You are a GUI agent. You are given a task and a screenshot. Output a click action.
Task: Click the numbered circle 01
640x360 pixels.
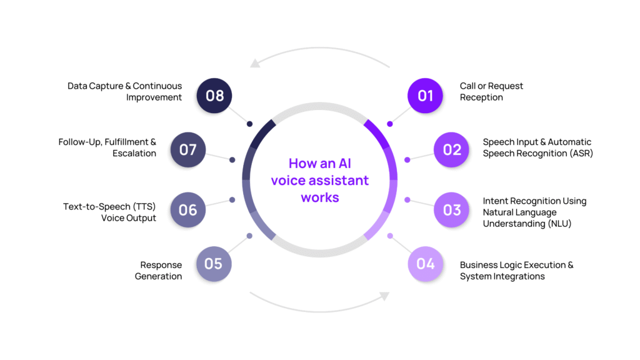pos(426,96)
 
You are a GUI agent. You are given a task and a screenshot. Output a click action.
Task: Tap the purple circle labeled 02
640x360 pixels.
pos(452,150)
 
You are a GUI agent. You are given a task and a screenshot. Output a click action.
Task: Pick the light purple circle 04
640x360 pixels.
pos(426,264)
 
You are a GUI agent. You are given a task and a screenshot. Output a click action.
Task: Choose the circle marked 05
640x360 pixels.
pos(214,264)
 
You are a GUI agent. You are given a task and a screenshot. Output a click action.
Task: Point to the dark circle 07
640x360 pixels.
pos(188,150)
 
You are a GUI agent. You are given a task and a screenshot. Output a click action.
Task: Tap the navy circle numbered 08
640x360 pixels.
pos(214,96)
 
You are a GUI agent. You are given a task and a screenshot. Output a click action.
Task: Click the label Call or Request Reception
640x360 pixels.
pos(491,92)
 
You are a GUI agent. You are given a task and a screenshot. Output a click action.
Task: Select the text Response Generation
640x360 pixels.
pos(159,271)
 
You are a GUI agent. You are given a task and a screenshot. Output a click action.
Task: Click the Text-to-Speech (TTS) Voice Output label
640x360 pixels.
pos(109,212)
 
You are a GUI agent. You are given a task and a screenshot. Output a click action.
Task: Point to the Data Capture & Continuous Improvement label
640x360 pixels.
pos(125,92)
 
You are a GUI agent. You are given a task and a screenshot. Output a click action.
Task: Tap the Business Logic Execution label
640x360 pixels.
pos(516,265)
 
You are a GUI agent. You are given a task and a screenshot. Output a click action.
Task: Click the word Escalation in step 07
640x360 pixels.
pos(134,154)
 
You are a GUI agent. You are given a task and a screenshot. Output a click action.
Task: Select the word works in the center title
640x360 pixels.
pos(319,197)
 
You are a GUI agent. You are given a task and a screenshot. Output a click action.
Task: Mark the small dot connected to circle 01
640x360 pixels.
pos(390,124)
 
